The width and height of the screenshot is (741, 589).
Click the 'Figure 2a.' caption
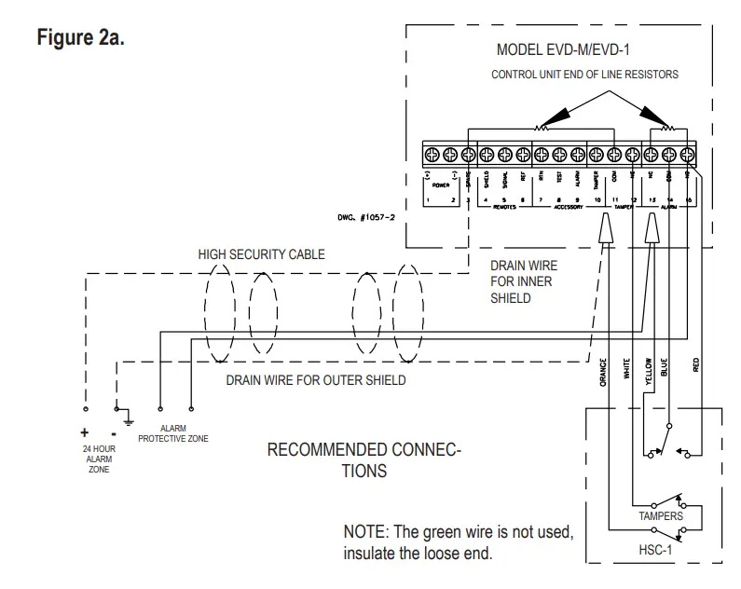[79, 40]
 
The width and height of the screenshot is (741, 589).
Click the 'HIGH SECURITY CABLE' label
[261, 254]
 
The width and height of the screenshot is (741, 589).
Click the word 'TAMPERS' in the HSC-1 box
[661, 515]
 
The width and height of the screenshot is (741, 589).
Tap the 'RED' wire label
[697, 366]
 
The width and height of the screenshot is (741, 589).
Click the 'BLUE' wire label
[665, 368]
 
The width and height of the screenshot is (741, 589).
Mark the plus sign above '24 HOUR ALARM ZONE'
[84, 432]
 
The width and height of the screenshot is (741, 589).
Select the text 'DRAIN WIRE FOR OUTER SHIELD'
[316, 380]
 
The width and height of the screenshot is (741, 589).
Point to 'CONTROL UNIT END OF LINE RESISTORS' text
[584, 74]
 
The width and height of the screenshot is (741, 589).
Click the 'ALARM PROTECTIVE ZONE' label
[173, 433]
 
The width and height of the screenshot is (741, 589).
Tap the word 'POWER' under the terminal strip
[441, 185]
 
